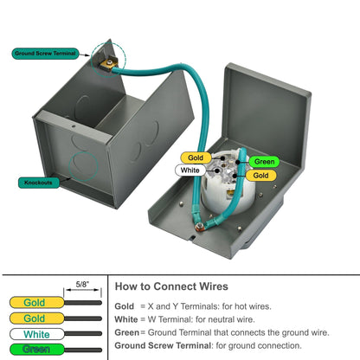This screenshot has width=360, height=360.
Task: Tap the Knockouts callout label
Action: tap(36, 183)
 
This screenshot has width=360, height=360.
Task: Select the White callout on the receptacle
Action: tap(190, 170)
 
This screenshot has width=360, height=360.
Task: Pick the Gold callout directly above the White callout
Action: tap(196, 157)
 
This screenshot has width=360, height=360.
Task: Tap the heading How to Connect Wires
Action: tap(172, 285)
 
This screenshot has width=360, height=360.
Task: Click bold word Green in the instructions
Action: tap(128, 332)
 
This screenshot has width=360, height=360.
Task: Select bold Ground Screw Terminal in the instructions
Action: tap(163, 345)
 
